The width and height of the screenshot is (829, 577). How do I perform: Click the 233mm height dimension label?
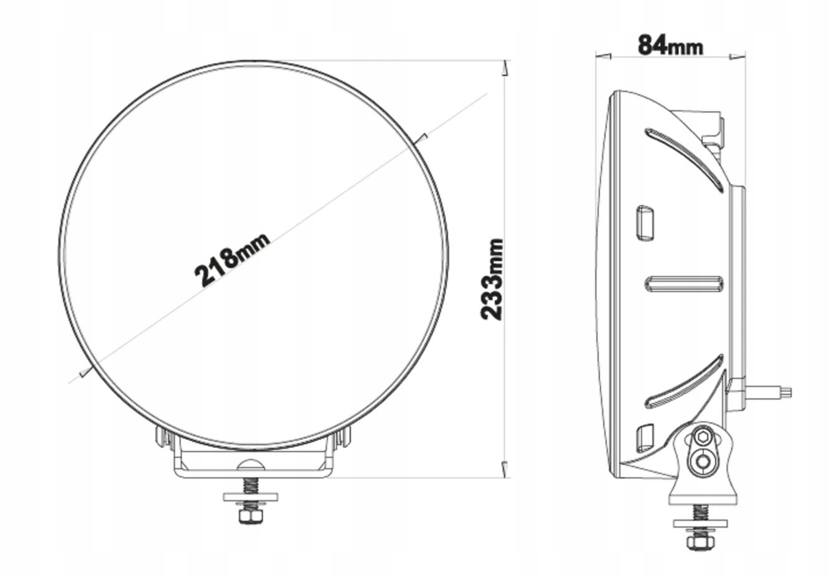[492, 279]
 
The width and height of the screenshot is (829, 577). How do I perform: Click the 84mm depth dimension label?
[669, 44]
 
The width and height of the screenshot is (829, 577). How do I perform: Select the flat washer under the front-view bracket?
[251, 497]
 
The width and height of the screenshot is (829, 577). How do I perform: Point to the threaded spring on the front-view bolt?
[251, 485]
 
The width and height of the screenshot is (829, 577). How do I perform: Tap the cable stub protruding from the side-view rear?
[770, 392]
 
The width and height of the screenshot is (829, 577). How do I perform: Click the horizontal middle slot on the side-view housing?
[684, 284]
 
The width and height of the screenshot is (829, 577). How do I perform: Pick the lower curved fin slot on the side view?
[684, 382]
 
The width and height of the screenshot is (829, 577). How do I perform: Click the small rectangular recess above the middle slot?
[645, 223]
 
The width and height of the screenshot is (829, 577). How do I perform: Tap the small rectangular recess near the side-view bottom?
[645, 438]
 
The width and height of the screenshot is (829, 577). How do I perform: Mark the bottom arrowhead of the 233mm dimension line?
[505, 469]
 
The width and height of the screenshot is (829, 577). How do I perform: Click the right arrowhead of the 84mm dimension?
[737, 57]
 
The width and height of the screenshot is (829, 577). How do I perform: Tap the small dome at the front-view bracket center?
[251, 464]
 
